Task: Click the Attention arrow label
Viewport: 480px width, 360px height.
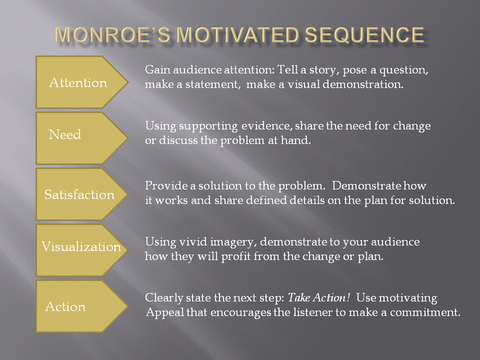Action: (78, 83)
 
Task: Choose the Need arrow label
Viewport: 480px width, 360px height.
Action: (65, 135)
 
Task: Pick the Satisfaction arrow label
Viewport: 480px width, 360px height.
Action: (79, 195)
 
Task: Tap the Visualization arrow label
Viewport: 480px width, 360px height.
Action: (81, 247)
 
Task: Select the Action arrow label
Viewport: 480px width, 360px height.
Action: (65, 307)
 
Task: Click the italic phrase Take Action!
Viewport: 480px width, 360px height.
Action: (319, 298)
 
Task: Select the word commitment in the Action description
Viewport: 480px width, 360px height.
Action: (425, 313)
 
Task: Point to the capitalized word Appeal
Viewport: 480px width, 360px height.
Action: (163, 313)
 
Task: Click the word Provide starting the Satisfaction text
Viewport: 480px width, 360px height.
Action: (165, 186)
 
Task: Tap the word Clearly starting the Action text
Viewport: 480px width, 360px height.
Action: (164, 298)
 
